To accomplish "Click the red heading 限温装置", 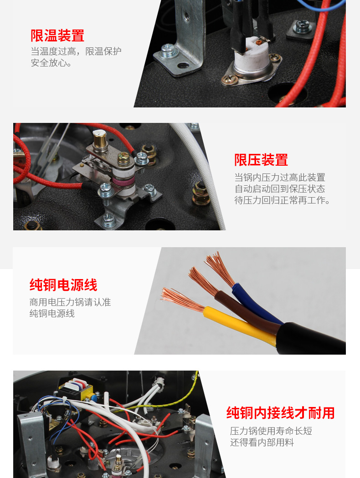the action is [x=57, y=36].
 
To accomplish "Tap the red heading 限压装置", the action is [x=261, y=160].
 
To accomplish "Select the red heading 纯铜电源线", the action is [x=63, y=285].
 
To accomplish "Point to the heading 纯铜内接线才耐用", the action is [x=280, y=413].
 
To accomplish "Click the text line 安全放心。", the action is [x=51, y=63].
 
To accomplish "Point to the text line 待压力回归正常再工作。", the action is [x=282, y=200].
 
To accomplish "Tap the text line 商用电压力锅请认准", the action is [x=70, y=302].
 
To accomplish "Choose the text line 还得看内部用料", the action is [x=262, y=442].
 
